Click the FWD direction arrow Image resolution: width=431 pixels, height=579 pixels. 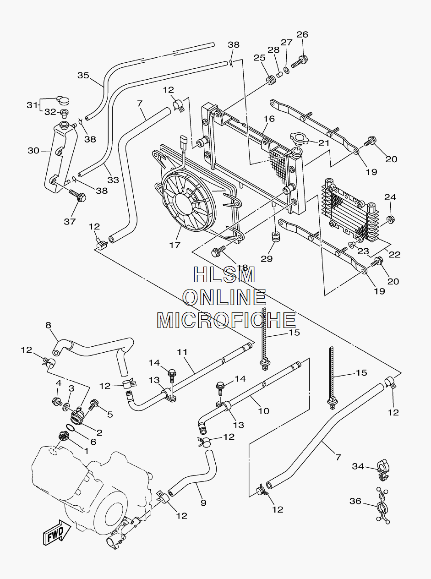click(57, 532)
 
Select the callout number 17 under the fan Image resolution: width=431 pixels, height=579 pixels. click(175, 245)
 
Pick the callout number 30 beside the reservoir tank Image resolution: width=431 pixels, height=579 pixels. click(34, 150)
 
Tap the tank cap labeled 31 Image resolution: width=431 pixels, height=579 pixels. click(63, 99)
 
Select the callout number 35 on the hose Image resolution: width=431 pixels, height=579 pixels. click(83, 76)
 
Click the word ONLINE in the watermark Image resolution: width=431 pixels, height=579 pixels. click(224, 297)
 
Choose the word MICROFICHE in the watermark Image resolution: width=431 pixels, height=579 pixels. click(226, 320)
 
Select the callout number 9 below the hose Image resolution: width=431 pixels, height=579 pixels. click(203, 503)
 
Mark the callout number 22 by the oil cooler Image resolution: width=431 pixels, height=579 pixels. click(394, 254)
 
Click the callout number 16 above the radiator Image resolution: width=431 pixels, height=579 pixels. click(269, 119)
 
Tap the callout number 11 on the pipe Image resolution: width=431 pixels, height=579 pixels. click(182, 352)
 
